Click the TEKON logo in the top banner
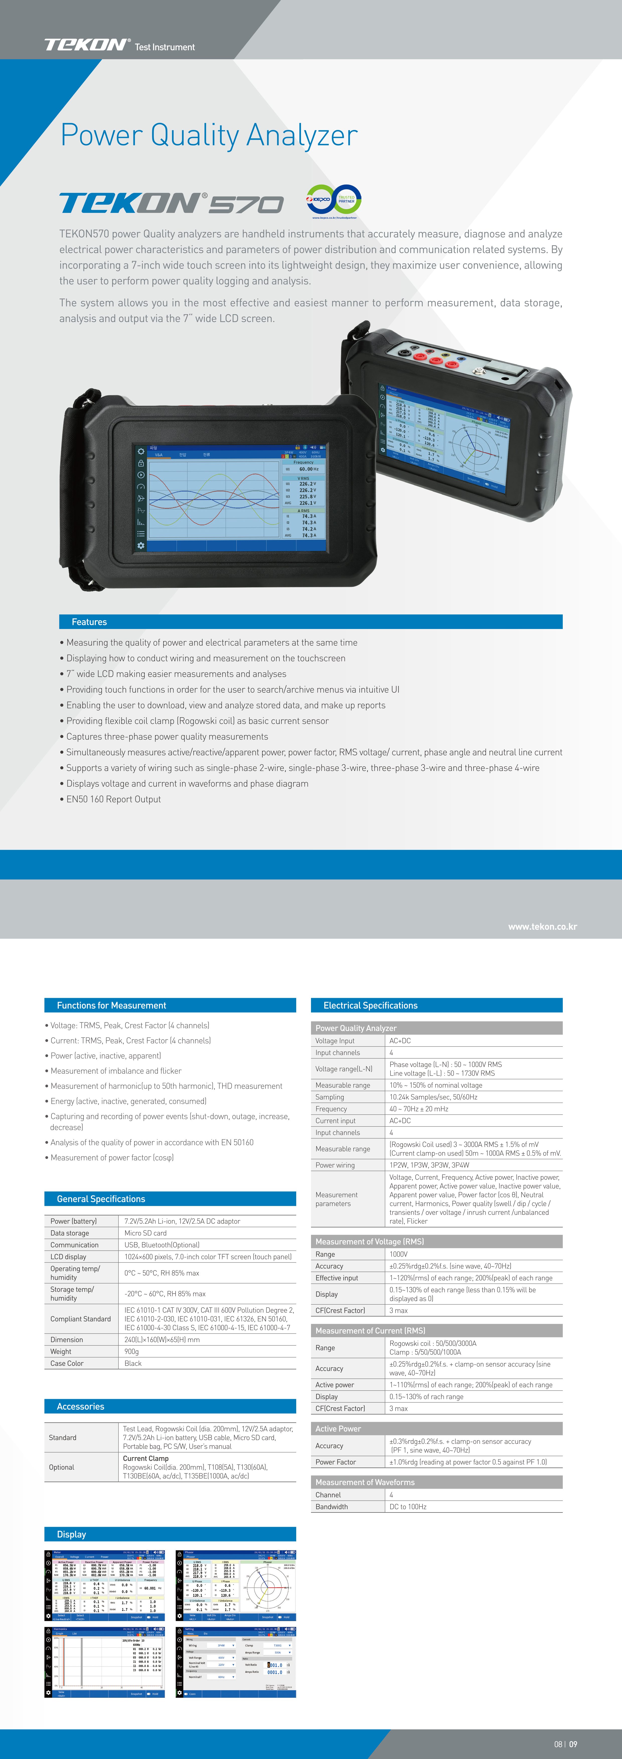(x=87, y=45)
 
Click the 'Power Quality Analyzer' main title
(x=209, y=135)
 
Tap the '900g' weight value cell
(x=132, y=1351)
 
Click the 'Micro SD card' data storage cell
(x=145, y=1233)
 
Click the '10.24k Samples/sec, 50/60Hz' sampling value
(x=434, y=1097)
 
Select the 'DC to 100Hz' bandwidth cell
(x=408, y=1506)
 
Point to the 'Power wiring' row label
(x=335, y=1165)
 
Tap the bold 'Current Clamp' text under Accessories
(x=145, y=1458)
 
